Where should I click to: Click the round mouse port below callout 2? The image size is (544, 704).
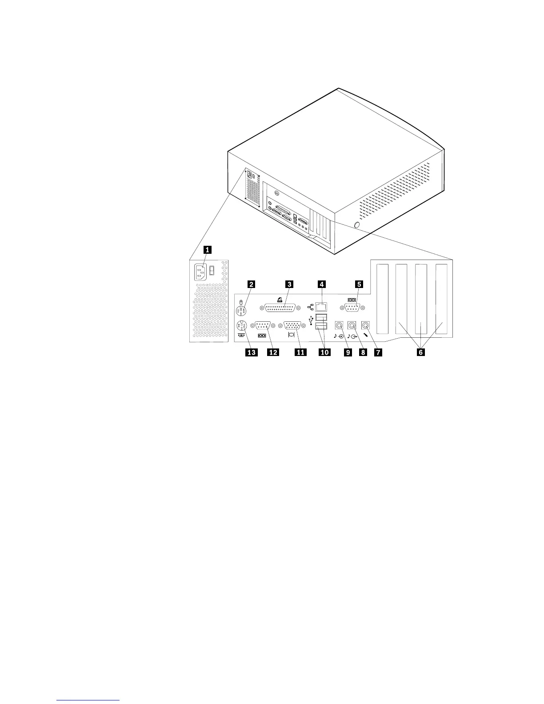point(240,310)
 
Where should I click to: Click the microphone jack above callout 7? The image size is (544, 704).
point(366,326)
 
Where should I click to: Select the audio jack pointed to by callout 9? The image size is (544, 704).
point(340,326)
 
